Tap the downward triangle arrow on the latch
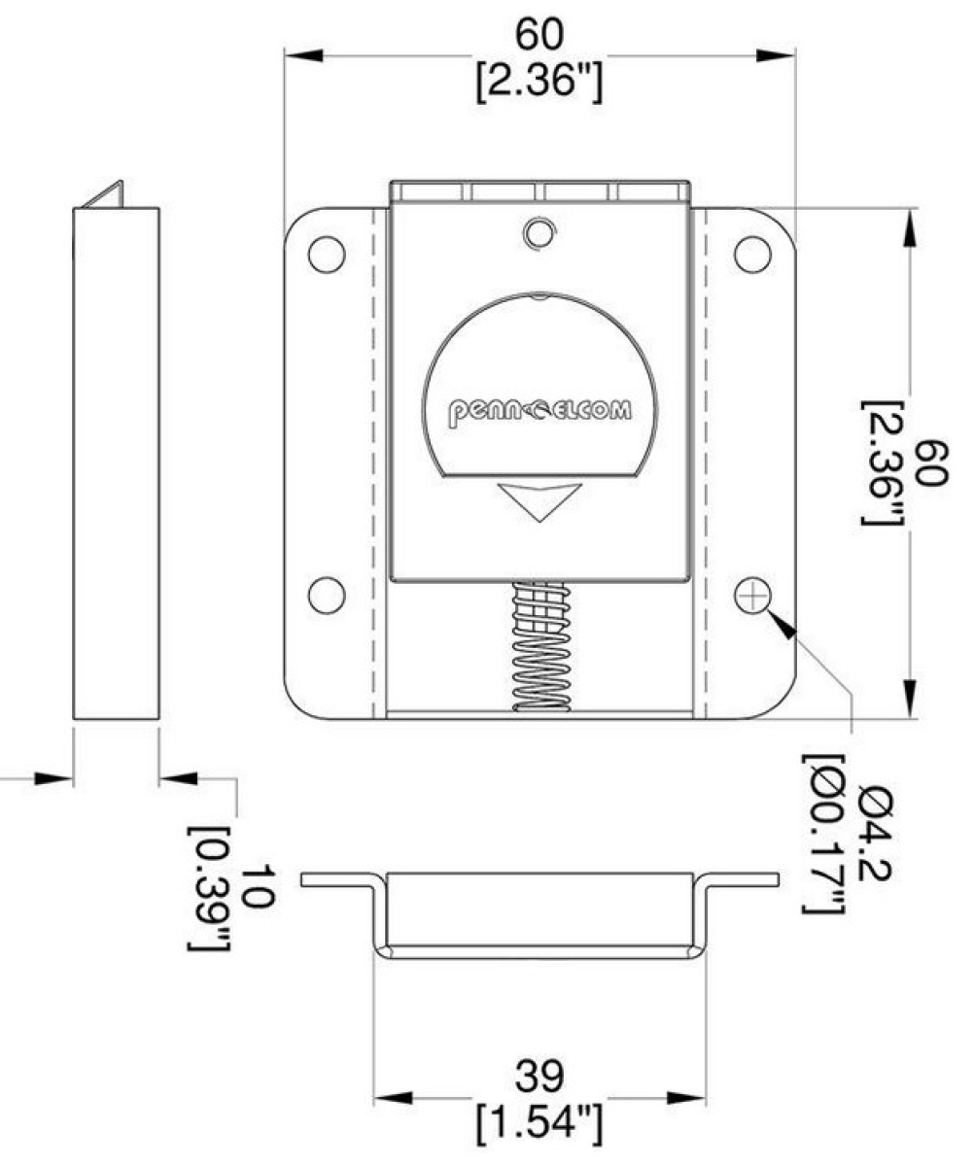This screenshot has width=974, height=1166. tap(538, 499)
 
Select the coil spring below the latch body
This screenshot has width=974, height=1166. tap(539, 646)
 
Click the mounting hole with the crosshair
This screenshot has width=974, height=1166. tap(751, 595)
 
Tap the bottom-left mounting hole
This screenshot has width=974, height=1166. tap(326, 593)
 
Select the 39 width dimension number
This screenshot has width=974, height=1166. tap(539, 1076)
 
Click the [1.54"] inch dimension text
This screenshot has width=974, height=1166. tap(539, 1122)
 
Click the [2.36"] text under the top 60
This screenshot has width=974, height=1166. tap(539, 82)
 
